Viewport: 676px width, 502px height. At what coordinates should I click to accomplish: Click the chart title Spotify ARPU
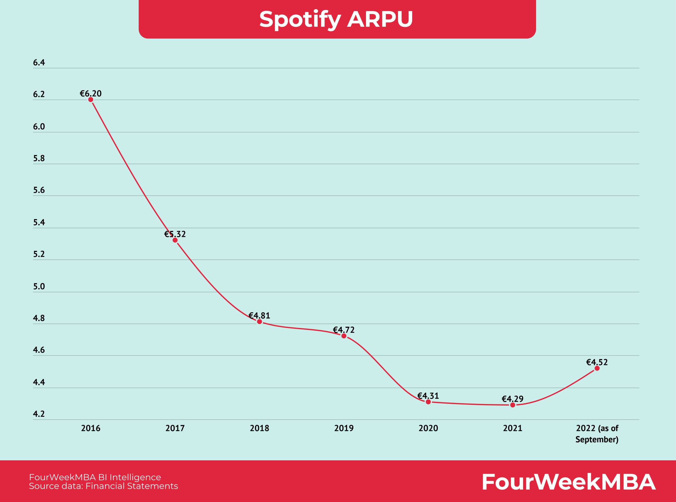click(336, 19)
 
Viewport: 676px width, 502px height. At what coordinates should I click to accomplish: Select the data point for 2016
click(91, 100)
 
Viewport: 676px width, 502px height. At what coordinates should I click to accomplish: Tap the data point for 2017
click(175, 240)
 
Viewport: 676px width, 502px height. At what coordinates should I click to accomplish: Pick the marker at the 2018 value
click(260, 321)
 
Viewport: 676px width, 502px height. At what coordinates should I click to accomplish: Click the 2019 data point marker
click(344, 336)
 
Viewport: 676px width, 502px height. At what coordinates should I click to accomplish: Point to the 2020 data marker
click(428, 402)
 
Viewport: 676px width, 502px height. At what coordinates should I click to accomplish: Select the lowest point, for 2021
click(513, 405)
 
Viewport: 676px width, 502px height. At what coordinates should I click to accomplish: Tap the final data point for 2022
click(597, 368)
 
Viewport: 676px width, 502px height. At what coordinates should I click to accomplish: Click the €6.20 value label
click(91, 93)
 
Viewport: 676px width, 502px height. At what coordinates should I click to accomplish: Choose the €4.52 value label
click(597, 362)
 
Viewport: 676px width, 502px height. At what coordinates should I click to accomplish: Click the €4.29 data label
click(512, 398)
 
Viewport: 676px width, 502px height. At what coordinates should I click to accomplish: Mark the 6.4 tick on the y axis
click(39, 63)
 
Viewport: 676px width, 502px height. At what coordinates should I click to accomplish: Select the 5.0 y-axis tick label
click(39, 286)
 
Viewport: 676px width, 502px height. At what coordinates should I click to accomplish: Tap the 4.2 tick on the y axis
click(39, 414)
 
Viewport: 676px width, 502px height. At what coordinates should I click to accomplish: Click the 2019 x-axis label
click(344, 428)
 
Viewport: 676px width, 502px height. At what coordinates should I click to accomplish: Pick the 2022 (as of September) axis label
click(597, 434)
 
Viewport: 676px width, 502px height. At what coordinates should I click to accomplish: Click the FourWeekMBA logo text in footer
click(569, 482)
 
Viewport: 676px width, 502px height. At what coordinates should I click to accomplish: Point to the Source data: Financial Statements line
click(103, 486)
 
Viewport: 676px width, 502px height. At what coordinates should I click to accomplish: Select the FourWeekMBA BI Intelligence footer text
click(95, 477)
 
